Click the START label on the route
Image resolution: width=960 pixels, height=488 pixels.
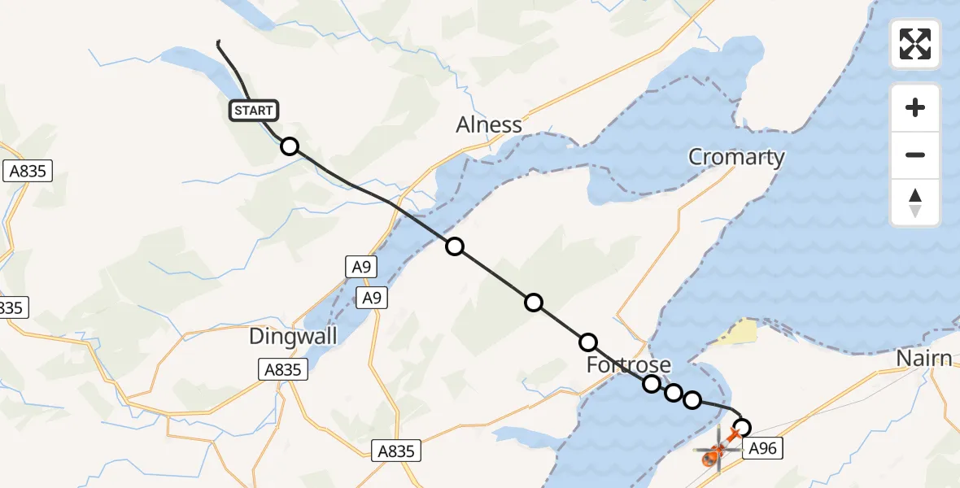tap(254, 111)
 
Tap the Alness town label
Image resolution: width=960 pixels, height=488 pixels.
tap(488, 125)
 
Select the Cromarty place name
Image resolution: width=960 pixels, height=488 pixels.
tap(736, 157)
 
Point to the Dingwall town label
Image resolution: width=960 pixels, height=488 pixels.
tap(293, 336)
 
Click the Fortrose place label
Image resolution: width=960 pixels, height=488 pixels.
tap(629, 364)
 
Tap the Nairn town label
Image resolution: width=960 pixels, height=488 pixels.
tap(923, 359)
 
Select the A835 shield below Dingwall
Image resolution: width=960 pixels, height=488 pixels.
tap(283, 370)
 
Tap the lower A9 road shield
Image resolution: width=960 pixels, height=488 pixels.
tap(371, 298)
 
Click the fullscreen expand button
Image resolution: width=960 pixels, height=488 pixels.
tap(915, 44)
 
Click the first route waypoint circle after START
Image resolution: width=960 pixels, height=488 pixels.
tap(289, 146)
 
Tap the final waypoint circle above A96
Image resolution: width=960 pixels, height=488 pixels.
tap(742, 426)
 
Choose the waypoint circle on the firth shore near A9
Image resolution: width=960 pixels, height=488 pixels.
tap(455, 246)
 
